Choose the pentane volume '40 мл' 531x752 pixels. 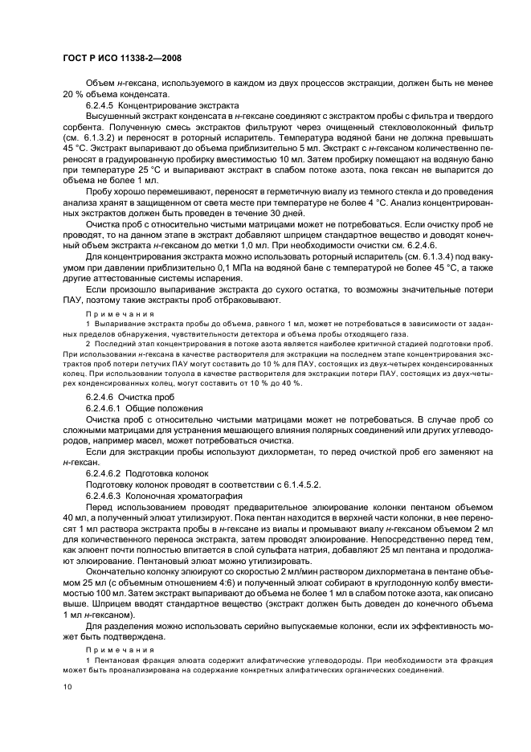pyautogui.click(x=74, y=520)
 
